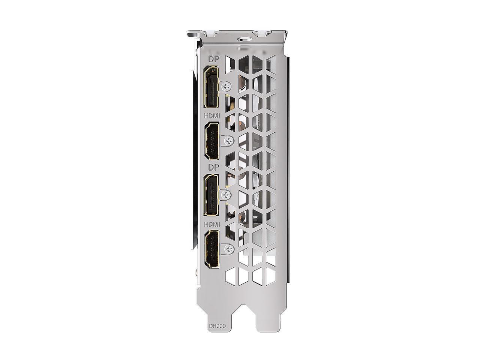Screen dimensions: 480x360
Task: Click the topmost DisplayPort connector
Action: pos(211,87)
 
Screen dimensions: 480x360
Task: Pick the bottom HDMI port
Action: pos(211,249)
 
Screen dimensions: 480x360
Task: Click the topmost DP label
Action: pos(214,59)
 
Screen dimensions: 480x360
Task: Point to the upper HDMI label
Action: pos(211,116)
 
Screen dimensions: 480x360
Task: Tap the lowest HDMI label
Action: pos(211,224)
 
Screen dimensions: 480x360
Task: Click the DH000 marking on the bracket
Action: pos(217,320)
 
